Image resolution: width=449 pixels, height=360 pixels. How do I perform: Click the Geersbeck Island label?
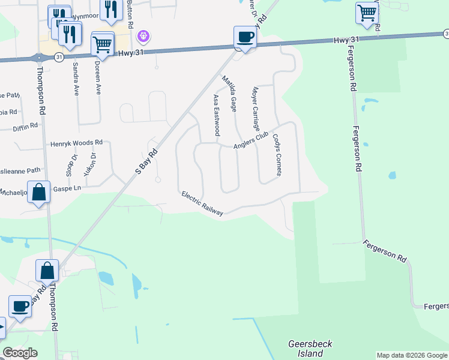point(309,349)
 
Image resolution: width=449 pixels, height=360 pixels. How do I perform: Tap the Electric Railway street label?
point(202,204)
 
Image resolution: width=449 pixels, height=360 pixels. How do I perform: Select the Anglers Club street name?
point(250,142)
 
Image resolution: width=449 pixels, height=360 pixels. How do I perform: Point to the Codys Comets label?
point(277,154)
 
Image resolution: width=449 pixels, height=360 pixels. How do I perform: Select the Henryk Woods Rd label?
point(77,143)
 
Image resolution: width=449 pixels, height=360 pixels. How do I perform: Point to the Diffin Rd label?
point(26,126)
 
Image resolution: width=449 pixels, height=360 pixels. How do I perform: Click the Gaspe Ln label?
point(67,188)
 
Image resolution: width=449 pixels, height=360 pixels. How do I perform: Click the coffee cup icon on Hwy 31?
point(245,37)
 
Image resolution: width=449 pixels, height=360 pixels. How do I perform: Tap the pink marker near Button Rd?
point(143,37)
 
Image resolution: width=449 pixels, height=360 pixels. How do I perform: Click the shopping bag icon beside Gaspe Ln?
point(38,193)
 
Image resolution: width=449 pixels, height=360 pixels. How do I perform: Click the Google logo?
point(20,353)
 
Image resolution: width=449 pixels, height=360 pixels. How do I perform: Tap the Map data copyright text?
point(411,355)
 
